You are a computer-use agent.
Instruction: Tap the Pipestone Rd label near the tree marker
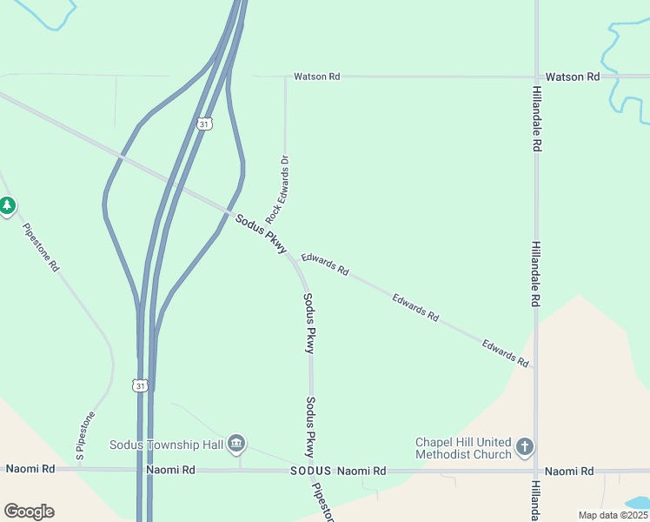coord(41,248)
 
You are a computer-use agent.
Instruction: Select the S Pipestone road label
coord(84,436)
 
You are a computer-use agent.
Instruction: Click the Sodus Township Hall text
coord(167,445)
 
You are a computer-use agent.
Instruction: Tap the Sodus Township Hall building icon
coord(236,445)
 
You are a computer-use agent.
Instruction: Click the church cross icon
coord(524,447)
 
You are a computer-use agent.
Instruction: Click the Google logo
coord(29,512)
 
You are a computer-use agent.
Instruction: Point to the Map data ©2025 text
coord(613,515)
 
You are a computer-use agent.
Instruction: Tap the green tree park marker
coord(8,206)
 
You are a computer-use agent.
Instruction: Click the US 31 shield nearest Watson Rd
coord(204,124)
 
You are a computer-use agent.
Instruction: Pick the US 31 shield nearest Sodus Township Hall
coord(141,385)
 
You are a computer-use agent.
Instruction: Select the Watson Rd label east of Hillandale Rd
coord(580,77)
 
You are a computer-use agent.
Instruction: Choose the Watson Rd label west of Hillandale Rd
coord(316,77)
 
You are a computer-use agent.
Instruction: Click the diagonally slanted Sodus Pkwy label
coord(261,234)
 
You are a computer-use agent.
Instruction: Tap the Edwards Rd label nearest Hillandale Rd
coord(506,353)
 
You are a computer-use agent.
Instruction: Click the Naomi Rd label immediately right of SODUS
coord(361,471)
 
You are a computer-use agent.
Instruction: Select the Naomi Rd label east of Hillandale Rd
coord(570,471)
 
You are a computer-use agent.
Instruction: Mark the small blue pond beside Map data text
coord(638,503)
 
